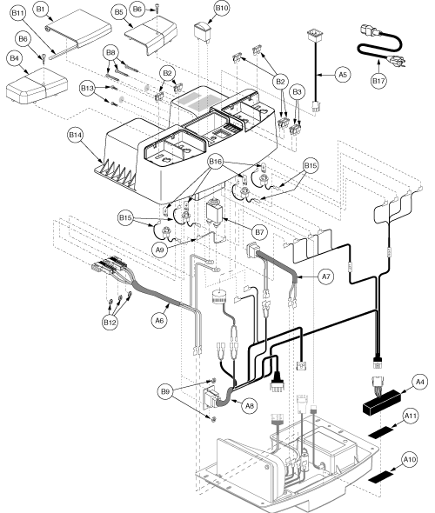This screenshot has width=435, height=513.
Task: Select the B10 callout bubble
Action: pyautogui.click(x=222, y=9)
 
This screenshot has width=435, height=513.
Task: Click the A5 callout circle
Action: pyautogui.click(x=343, y=75)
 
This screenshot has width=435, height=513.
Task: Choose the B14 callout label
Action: pyautogui.click(x=77, y=161)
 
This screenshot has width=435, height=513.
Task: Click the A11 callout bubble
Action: pyautogui.click(x=412, y=418)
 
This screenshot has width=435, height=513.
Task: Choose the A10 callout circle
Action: pyautogui.click(x=411, y=458)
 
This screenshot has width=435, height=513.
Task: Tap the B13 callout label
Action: pyautogui.click(x=86, y=89)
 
